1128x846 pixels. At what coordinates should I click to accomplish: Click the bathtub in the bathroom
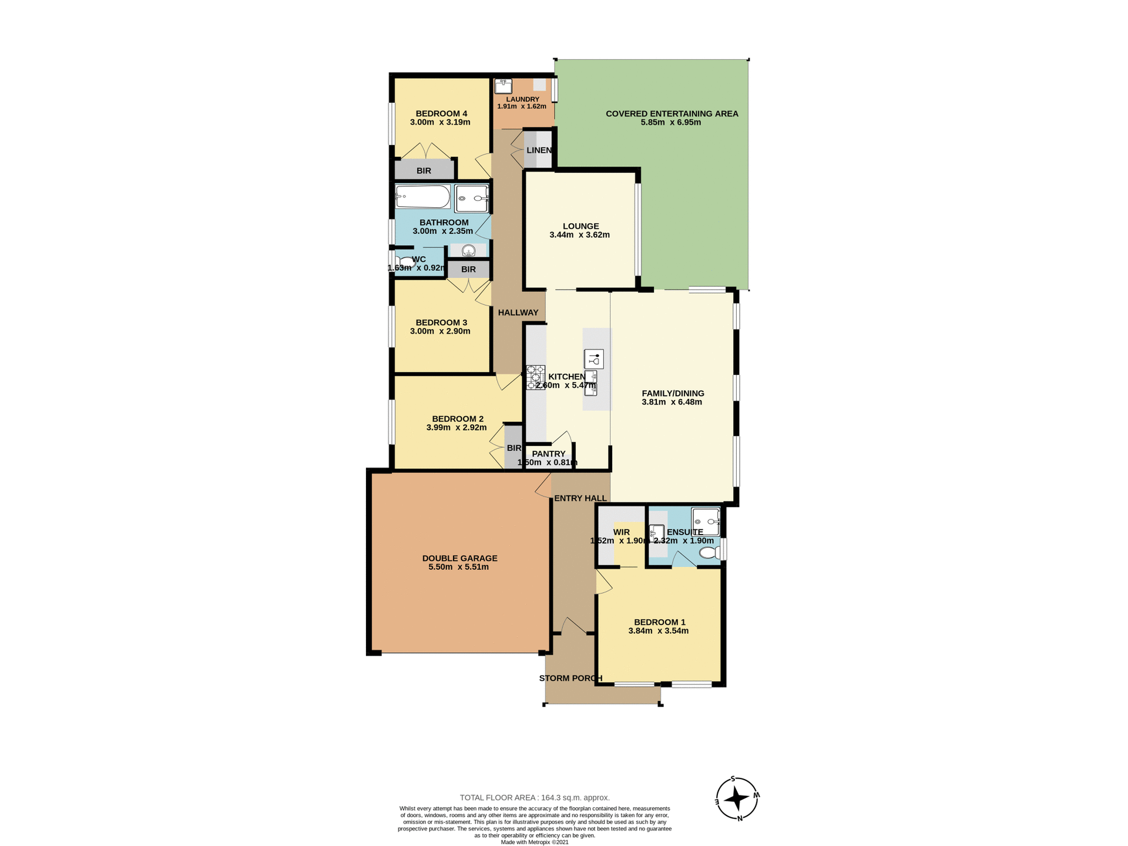[422, 197]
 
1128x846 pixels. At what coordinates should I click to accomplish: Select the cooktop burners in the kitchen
[535, 377]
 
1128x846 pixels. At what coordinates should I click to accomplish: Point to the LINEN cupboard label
[539, 150]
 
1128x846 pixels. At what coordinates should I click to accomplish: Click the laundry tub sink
[503, 86]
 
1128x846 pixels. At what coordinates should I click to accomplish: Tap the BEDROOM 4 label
[441, 113]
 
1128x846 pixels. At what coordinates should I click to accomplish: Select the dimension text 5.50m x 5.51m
[459, 567]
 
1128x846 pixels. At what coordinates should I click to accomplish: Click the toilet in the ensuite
[710, 552]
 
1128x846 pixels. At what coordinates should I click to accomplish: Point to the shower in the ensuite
[706, 521]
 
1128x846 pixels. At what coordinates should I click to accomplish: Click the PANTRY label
[548, 454]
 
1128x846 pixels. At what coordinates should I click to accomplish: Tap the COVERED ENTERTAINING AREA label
[672, 113]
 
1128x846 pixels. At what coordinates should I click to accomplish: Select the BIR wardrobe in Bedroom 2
[513, 448]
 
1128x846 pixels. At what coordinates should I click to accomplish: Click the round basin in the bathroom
[468, 251]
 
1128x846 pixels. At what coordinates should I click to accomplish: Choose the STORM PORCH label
[570, 678]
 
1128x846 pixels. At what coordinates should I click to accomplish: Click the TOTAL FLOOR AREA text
[535, 797]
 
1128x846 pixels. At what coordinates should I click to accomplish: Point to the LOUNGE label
[580, 226]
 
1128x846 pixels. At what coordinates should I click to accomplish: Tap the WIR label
[621, 532]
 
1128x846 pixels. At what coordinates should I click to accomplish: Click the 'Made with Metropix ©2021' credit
[535, 842]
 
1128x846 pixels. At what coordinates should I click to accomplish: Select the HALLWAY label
[518, 313]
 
